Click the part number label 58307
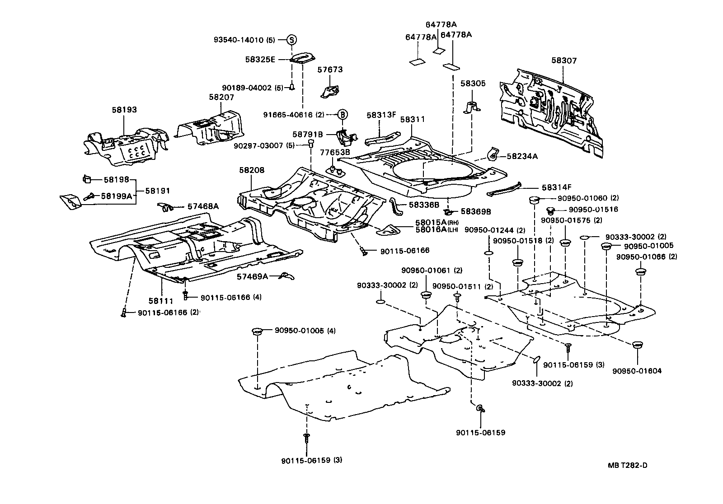coord(563,61)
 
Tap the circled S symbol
coord(292,40)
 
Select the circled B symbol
coord(343,115)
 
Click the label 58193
coord(124,110)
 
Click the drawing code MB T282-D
coord(628,465)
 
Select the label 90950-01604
coord(637,371)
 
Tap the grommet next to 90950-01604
coord(637,345)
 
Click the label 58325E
coord(260,60)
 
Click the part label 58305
coord(473,83)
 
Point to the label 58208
coord(252,170)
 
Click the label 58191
coord(155,191)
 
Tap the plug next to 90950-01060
coord(534,199)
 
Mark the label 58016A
coord(431,229)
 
